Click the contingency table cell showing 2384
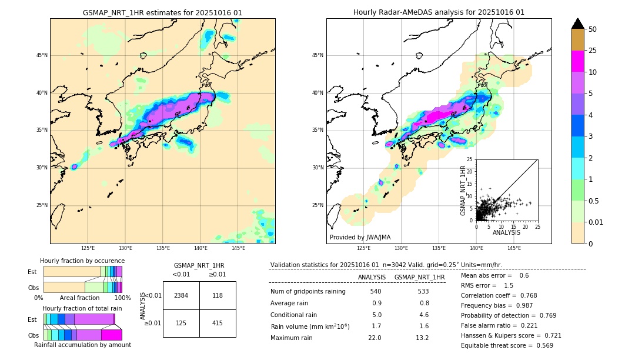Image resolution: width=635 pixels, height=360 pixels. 181,295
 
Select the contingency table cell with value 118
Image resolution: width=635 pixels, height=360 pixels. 218,295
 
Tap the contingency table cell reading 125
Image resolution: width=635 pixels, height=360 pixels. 181,324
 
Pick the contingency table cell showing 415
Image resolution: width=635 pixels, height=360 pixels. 218,324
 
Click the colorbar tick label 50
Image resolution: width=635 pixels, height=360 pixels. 593,29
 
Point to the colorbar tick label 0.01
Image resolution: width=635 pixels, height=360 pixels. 596,222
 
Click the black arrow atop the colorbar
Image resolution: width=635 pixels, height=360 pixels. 578,24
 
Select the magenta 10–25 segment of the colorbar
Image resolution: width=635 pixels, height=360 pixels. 578,61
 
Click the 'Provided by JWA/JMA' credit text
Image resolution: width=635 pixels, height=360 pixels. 360,238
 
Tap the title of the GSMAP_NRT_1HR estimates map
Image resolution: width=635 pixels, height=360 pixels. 162,12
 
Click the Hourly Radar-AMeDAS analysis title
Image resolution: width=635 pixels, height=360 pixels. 439,12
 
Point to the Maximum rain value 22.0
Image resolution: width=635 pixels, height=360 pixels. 375,338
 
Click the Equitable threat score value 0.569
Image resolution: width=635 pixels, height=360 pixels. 540,345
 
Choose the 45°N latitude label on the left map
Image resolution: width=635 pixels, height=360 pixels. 42,55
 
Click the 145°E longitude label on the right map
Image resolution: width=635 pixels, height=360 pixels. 514,248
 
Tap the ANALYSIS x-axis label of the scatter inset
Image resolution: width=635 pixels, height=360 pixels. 506,232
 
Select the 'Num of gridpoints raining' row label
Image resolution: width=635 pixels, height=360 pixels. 308,292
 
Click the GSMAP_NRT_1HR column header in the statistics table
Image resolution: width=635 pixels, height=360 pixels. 419,277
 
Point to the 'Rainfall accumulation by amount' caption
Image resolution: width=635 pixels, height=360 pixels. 82,345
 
